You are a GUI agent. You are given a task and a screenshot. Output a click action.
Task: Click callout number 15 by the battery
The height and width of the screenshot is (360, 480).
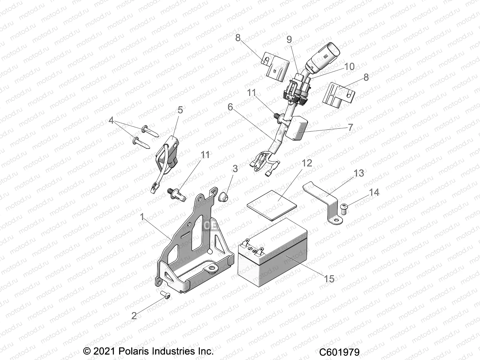click(329, 278)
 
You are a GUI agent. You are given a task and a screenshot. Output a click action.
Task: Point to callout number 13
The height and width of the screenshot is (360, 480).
click(358, 173)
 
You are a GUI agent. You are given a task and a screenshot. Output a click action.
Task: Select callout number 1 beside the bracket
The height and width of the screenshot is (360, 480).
click(142, 217)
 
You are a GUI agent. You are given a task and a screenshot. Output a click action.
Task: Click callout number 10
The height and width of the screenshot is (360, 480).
click(349, 67)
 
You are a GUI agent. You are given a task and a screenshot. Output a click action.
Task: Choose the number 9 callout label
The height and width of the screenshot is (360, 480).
click(289, 40)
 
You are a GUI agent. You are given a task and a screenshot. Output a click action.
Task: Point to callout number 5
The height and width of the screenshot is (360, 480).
click(180, 110)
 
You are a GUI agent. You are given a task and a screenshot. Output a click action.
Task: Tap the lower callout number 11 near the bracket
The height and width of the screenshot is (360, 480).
click(205, 155)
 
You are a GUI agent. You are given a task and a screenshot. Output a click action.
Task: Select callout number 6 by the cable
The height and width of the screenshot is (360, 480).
click(230, 107)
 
